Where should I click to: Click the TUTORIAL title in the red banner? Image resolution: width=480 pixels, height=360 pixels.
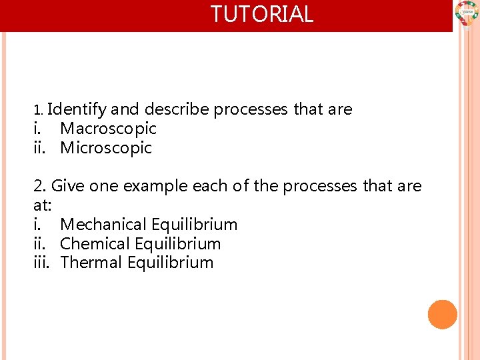coord(262,14)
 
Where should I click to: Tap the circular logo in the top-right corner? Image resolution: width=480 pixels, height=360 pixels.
coord(467,13)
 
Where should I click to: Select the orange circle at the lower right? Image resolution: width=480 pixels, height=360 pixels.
coord(443,315)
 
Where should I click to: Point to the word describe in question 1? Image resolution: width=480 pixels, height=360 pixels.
coord(177,109)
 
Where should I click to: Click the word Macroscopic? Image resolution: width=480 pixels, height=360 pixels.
coord(108,128)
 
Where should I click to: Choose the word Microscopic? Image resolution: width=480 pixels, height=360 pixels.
coord(106,147)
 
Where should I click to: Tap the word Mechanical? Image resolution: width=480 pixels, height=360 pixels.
coord(103,224)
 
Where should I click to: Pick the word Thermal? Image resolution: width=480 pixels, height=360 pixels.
coord(91,263)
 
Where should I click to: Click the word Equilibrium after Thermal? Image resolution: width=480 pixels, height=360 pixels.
coord(170,263)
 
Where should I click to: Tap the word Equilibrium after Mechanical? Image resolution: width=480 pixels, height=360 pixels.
coord(194,224)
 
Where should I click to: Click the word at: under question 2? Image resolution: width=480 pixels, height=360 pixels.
coord(42,205)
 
